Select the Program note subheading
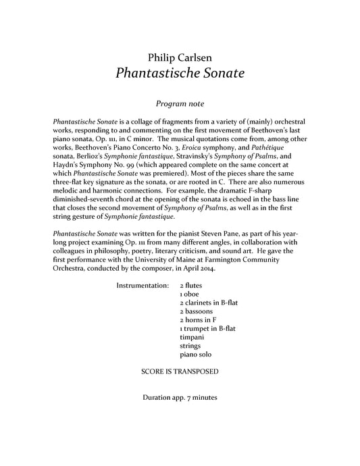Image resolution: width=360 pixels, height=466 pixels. [180, 104]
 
